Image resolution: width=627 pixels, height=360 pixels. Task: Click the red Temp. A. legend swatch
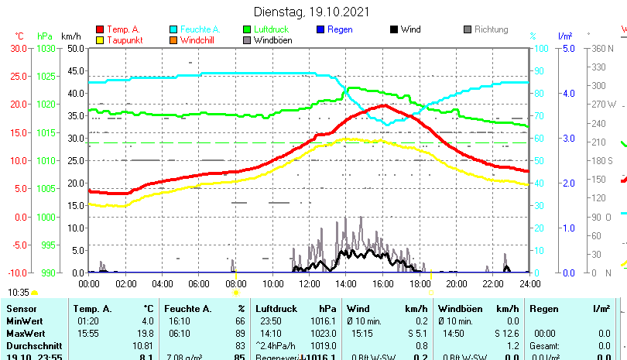point(100,29)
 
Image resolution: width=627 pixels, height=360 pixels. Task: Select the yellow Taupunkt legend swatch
point(100,40)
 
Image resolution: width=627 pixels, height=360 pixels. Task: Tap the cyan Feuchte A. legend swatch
point(173,29)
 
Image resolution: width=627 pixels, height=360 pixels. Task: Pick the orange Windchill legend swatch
point(173,40)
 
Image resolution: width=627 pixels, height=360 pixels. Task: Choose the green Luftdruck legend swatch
point(247,29)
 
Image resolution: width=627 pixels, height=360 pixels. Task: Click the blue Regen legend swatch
point(320,29)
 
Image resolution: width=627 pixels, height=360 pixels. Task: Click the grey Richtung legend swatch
point(467,29)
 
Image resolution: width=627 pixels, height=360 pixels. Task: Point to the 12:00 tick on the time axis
point(309,283)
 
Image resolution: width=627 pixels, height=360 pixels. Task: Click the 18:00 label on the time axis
point(420,283)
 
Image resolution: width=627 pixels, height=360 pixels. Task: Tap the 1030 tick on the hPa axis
point(47,48)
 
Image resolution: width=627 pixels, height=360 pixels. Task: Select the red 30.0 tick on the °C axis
point(19,48)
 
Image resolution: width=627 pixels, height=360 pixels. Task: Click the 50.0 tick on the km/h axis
point(75,48)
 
